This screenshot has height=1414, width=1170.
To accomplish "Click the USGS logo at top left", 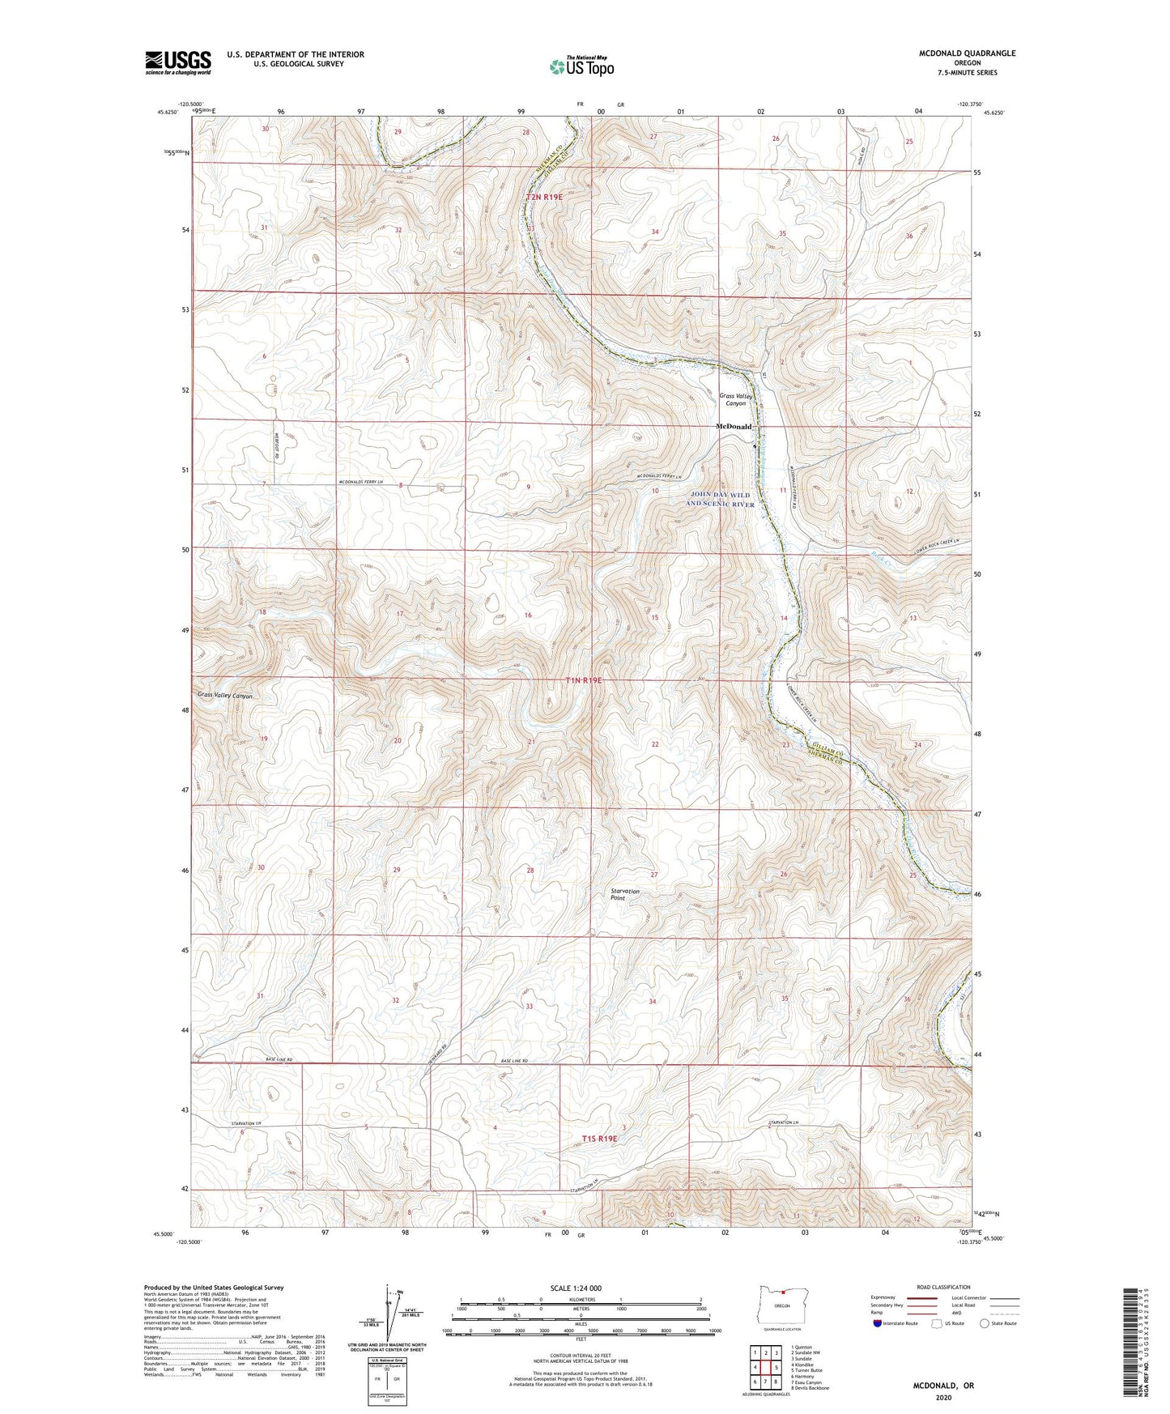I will click(178, 62).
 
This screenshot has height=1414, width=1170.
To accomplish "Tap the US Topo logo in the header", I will click(581, 66).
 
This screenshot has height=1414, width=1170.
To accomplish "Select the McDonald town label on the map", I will click(734, 426).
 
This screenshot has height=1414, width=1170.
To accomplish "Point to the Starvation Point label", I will click(625, 894).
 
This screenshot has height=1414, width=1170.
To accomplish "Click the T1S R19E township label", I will click(600, 1138).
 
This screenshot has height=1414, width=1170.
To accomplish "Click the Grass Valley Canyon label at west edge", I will click(225, 696).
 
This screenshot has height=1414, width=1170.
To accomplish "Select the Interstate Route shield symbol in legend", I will click(878, 1323).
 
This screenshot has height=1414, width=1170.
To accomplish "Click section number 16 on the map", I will click(528, 615).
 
